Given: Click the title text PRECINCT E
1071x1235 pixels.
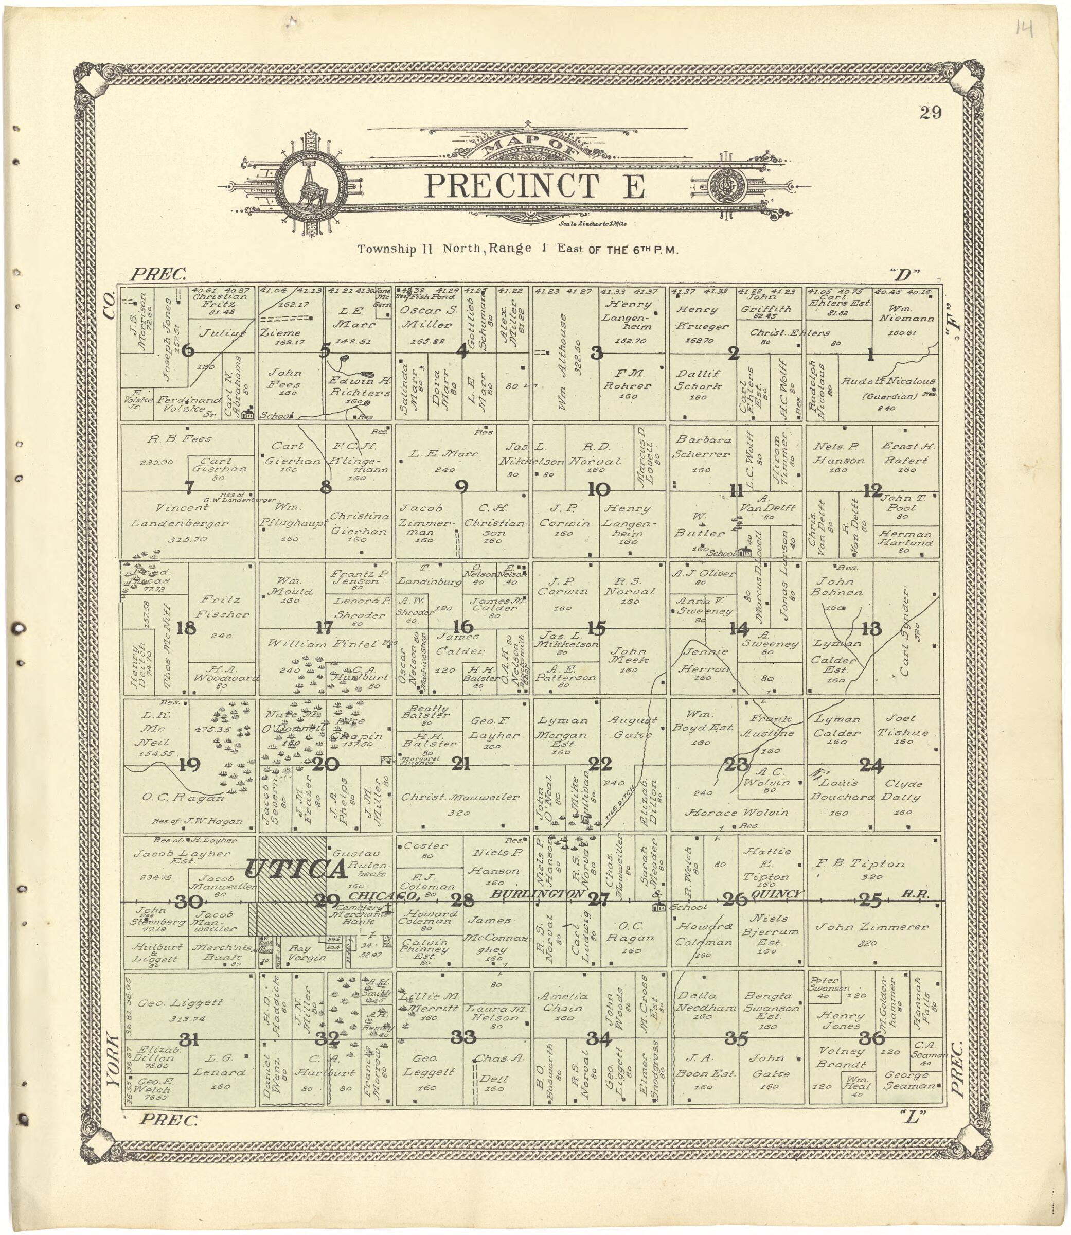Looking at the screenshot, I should click(535, 186).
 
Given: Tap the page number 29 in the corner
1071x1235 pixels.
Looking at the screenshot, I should click(931, 112).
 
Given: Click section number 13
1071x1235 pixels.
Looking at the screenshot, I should click(871, 629).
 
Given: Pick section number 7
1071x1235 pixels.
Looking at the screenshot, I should click(189, 488).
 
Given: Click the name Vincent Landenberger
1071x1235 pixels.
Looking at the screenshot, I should click(180, 515).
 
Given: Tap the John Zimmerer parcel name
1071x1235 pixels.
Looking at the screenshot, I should click(872, 927).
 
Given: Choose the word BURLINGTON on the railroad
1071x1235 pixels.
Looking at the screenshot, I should click(537, 894).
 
